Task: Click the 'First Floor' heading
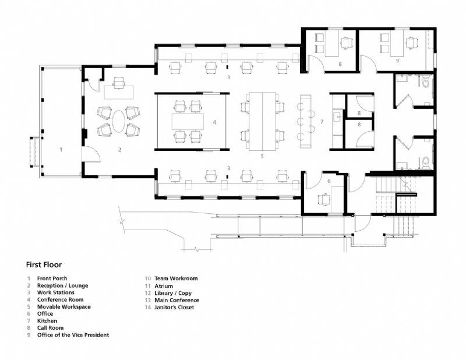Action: tap(44, 264)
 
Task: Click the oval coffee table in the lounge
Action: tap(119, 122)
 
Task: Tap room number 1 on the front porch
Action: tap(61, 150)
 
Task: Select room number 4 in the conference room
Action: tap(214, 122)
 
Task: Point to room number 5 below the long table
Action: tap(262, 156)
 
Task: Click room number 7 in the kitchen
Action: tap(322, 122)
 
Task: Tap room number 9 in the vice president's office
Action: tap(397, 61)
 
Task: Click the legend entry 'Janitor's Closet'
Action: tap(174, 307)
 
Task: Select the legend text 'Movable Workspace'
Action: tap(64, 306)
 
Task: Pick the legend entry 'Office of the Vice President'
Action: tap(73, 335)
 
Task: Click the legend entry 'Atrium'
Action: tap(164, 285)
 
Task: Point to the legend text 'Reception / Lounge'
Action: tap(63, 285)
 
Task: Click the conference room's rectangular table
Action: tap(188, 122)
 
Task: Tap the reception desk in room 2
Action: tap(119, 92)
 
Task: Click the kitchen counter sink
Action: tap(338, 117)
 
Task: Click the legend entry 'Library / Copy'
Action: tap(173, 293)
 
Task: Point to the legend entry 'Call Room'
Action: tap(50, 328)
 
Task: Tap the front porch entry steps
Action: tap(34, 152)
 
